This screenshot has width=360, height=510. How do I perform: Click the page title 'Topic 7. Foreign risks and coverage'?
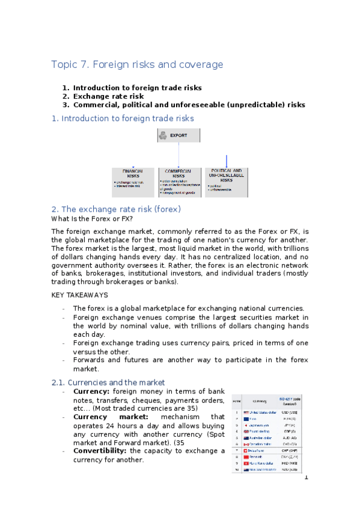click(137, 64)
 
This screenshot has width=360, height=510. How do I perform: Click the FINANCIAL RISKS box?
click(133, 182)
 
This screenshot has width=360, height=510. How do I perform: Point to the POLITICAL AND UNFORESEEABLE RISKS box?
click(226, 182)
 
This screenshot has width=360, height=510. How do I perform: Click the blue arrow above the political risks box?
click(227, 161)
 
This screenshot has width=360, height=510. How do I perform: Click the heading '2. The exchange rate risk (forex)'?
click(116, 209)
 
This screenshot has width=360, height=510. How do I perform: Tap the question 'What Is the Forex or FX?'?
click(92, 219)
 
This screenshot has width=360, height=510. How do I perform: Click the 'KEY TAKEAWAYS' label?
click(80, 295)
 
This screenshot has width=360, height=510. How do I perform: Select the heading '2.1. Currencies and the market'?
click(108, 382)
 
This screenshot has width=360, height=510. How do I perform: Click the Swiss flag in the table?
click(246, 449)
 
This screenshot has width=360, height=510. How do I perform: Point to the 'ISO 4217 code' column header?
click(293, 399)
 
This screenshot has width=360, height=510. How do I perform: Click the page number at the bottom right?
click(306, 478)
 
